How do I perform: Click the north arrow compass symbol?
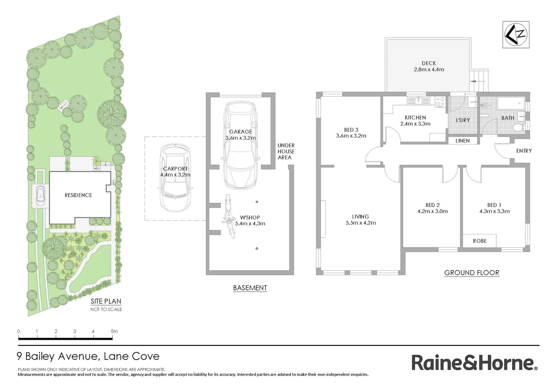click(x=516, y=35)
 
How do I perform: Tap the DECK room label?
click(x=429, y=63)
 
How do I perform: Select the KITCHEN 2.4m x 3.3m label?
click(x=415, y=121)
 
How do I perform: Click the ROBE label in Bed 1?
click(x=480, y=241)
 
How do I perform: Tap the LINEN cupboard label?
click(x=462, y=141)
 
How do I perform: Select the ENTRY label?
click(x=524, y=151)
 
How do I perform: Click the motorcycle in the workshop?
click(x=228, y=217)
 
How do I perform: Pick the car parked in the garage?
click(x=241, y=144)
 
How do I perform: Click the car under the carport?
click(x=175, y=178)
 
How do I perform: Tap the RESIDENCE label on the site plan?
click(x=78, y=195)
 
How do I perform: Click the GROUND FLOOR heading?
click(x=471, y=273)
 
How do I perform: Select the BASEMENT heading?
click(x=250, y=288)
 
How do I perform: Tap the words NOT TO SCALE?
click(x=106, y=309)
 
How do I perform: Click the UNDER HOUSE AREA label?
click(x=286, y=151)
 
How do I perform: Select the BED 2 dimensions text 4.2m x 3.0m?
click(x=432, y=211)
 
